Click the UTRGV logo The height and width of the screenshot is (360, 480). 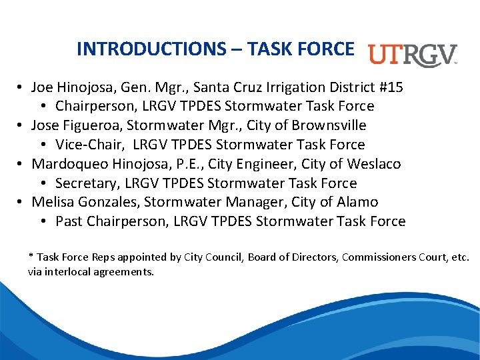413,55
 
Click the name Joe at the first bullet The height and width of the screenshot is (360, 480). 43,87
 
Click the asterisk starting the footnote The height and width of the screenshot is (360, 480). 31,257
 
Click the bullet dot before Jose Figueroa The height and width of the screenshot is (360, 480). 22,126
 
